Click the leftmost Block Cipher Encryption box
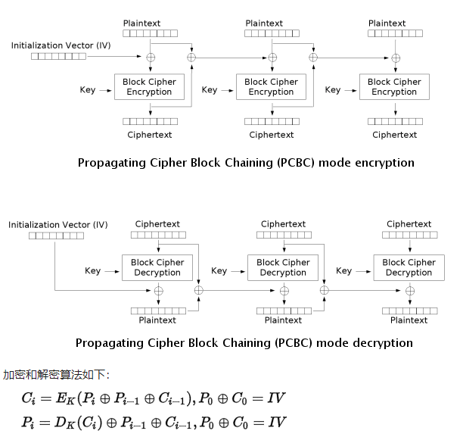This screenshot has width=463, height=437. coord(149,87)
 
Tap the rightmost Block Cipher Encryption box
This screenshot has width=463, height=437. coord(394,87)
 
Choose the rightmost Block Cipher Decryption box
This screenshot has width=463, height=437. coord(409,267)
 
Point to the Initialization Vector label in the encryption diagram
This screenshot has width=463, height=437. coord(60,45)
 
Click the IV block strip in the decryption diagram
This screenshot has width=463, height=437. coord(56,236)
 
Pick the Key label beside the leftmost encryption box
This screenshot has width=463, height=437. coord(88,90)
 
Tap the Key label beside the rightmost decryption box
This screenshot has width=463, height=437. coord(343,270)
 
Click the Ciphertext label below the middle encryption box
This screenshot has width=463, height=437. coord(272,135)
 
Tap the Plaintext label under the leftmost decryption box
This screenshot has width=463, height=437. coord(157,320)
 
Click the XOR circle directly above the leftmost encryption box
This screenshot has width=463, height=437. coord(150,58)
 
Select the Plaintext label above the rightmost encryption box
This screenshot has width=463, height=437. coord(387,23)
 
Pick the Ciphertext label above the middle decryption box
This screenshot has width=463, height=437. coord(283,224)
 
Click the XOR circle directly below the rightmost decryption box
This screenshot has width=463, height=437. coord(409,291)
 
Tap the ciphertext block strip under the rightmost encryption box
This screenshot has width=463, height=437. coord(395,121)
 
